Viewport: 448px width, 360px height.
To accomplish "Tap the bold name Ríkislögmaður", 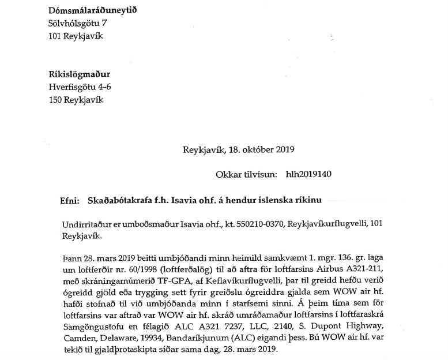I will [78, 75].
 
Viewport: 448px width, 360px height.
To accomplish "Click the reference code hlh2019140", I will [306, 174].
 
